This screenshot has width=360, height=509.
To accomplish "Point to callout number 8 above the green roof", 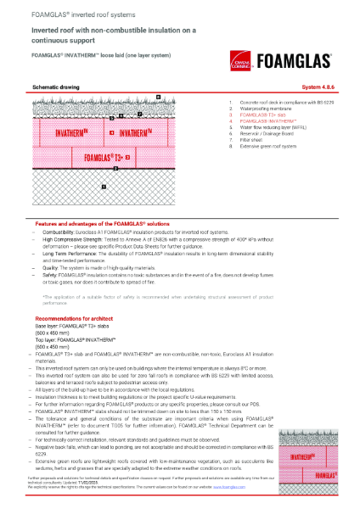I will click(158, 98).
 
